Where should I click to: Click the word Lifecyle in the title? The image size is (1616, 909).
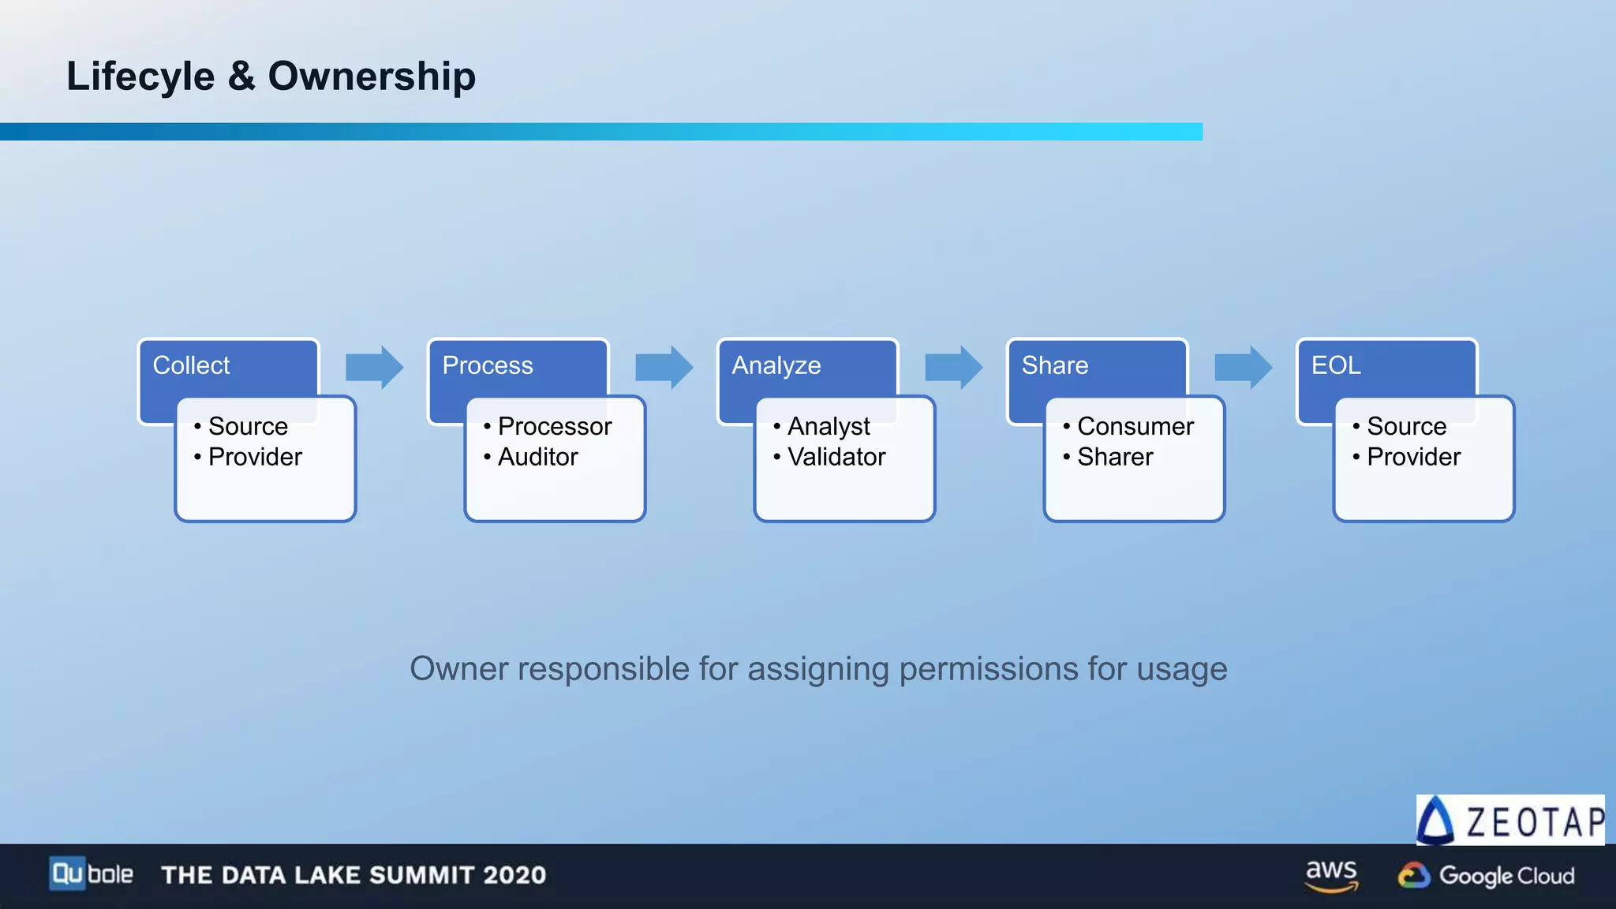(x=140, y=77)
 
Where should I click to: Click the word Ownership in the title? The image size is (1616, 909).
(x=372, y=77)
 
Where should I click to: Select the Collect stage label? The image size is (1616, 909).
(x=191, y=365)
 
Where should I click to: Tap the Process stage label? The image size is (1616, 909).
(x=487, y=365)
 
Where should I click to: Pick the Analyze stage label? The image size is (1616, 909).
(x=776, y=365)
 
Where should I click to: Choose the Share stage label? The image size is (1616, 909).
(x=1054, y=365)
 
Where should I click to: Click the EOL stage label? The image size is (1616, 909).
(x=1335, y=365)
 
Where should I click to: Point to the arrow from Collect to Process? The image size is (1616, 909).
(x=374, y=367)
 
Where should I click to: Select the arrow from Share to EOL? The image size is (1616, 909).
(x=1243, y=367)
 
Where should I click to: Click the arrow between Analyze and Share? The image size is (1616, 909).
(x=953, y=367)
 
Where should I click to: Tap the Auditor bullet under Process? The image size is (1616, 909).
(x=537, y=457)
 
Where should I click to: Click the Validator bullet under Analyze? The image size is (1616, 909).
(x=836, y=457)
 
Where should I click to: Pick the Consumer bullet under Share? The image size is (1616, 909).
(x=1135, y=426)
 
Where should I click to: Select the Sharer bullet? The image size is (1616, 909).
(x=1114, y=457)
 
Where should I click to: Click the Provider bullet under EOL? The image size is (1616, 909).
(x=1413, y=457)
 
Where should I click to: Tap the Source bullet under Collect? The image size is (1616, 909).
(x=248, y=426)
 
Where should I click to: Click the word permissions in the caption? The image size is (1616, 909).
(x=989, y=669)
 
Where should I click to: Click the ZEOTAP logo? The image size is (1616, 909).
(x=1510, y=821)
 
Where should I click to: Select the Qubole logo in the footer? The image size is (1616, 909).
(x=91, y=874)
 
